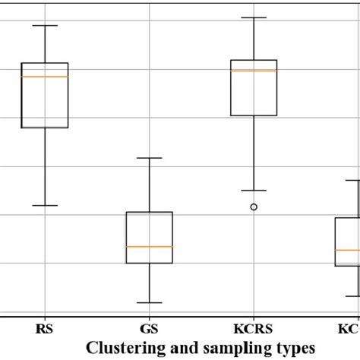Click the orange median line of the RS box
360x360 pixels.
[45, 77]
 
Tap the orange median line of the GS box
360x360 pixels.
[149, 247]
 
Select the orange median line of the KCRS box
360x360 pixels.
[254, 71]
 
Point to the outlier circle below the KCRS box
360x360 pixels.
[254, 207]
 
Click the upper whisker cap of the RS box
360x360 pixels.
[45, 26]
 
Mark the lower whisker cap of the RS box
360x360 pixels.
[45, 205]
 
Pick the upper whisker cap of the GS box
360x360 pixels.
[149, 158]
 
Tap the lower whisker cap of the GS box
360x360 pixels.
[149, 303]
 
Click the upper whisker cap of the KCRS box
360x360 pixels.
[254, 17]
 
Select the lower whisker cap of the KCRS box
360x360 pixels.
[254, 190]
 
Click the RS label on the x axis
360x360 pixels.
[45, 330]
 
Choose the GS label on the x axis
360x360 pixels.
[149, 330]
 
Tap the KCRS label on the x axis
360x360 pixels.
[254, 330]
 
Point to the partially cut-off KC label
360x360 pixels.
[348, 330]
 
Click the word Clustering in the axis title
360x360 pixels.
[121, 348]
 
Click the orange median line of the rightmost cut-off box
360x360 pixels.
[348, 250]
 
